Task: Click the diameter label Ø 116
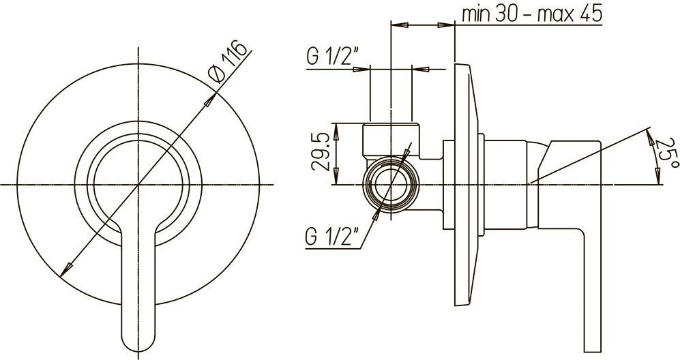tap(229, 61)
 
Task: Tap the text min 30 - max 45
tap(532, 14)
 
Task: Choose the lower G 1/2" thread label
tap(332, 237)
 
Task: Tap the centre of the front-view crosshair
tap(138, 185)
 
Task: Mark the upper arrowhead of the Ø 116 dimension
tap(210, 100)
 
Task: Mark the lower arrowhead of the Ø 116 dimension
tap(66, 269)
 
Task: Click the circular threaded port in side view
tap(391, 185)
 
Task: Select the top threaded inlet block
tap(391, 140)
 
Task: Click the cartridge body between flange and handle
tap(505, 185)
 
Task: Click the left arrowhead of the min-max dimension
tap(400, 26)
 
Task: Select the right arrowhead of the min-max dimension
tap(446, 26)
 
